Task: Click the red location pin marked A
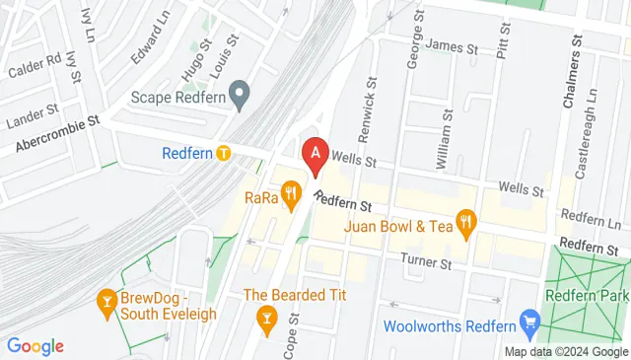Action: (315, 155)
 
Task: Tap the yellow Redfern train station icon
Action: (225, 153)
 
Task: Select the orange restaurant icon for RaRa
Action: (290, 194)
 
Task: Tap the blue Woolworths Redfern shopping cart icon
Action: (530, 321)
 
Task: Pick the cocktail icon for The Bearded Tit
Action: (264, 317)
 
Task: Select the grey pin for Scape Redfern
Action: (239, 96)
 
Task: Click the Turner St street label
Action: (425, 262)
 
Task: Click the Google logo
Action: (35, 345)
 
